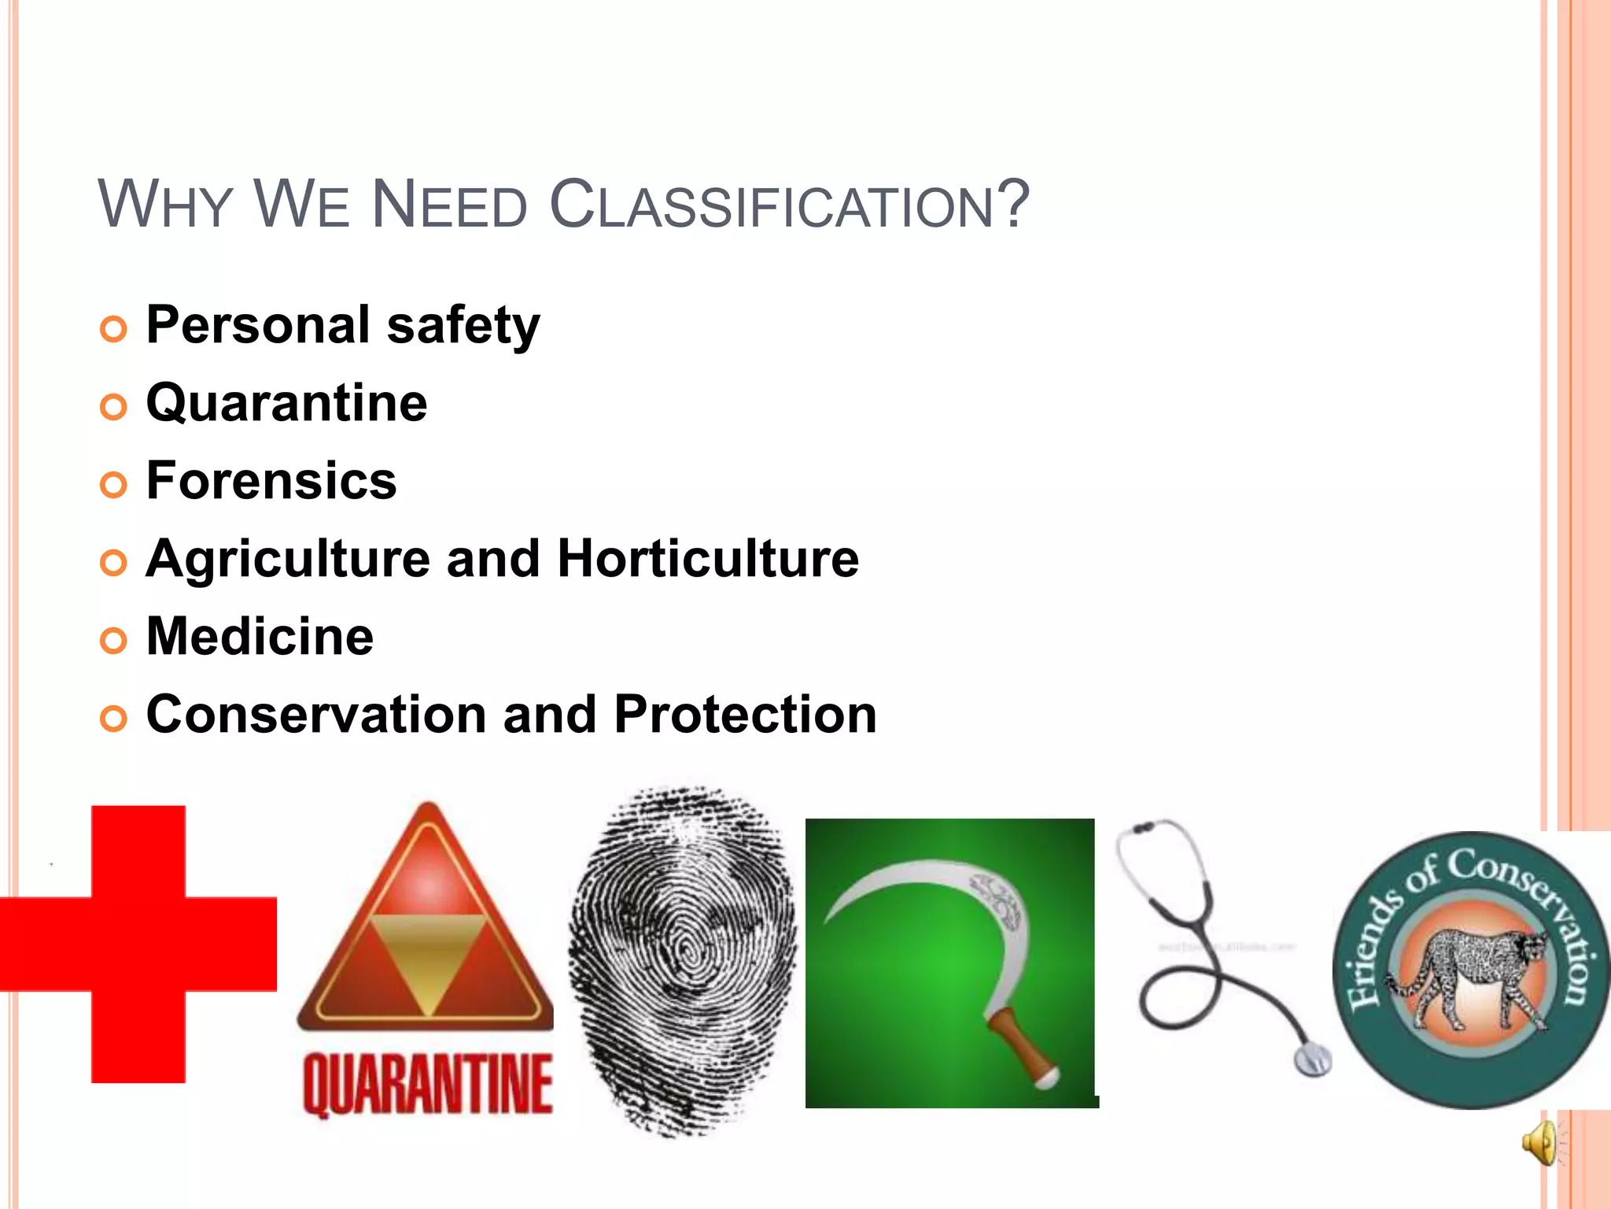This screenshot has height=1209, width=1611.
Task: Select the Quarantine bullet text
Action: [x=286, y=403]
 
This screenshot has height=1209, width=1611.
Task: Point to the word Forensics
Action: [x=271, y=481]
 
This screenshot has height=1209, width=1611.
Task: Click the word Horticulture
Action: [x=708, y=559]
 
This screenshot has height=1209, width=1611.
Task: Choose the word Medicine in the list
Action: [x=260, y=637]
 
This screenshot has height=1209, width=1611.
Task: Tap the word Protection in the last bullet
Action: [x=745, y=715]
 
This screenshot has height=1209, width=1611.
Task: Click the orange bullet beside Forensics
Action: [x=113, y=485]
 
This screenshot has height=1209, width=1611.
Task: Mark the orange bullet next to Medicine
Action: [x=113, y=641]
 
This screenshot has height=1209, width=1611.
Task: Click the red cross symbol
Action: [x=138, y=944]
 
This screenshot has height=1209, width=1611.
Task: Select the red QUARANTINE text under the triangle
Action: [x=427, y=1085]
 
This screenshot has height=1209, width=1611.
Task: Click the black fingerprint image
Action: [x=681, y=960]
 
